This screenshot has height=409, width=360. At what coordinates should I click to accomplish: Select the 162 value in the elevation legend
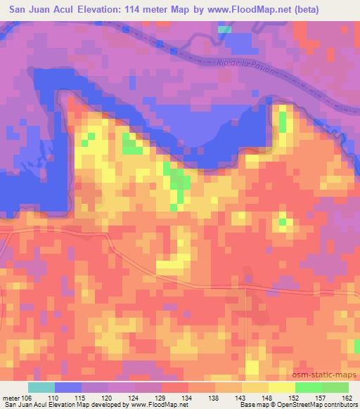click(x=347, y=397)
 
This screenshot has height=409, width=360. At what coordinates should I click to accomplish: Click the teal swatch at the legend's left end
click(x=42, y=387)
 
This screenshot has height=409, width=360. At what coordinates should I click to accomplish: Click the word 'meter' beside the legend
click(x=11, y=397)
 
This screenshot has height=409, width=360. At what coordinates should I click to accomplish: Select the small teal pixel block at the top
click(x=224, y=30)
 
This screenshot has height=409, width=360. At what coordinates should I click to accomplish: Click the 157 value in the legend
click(x=321, y=397)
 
